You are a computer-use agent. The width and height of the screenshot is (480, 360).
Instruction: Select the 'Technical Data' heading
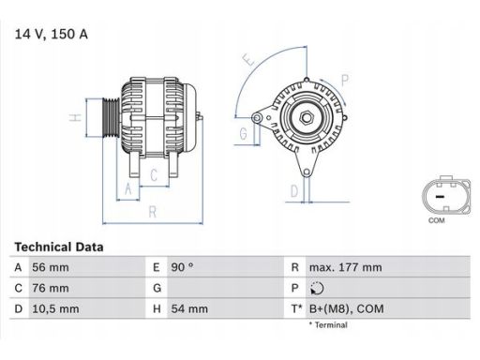pos(59,247)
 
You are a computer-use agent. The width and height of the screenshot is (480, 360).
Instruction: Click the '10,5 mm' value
pos(57,308)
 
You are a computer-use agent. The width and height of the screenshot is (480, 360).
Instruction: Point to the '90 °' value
pos(182,267)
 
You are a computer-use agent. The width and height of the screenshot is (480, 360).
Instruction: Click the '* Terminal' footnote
pos(327,325)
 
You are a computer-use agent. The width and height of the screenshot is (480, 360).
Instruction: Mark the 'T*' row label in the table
pos(296,308)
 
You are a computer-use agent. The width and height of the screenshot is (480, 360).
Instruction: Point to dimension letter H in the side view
pos(73,118)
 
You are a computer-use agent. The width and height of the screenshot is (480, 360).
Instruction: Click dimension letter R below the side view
pos(152,213)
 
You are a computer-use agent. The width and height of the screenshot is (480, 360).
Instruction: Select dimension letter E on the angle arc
pos(247,60)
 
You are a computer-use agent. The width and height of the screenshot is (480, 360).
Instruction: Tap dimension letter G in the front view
pos(243,133)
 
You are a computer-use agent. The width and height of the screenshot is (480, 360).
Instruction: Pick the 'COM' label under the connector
pos(436,221)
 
